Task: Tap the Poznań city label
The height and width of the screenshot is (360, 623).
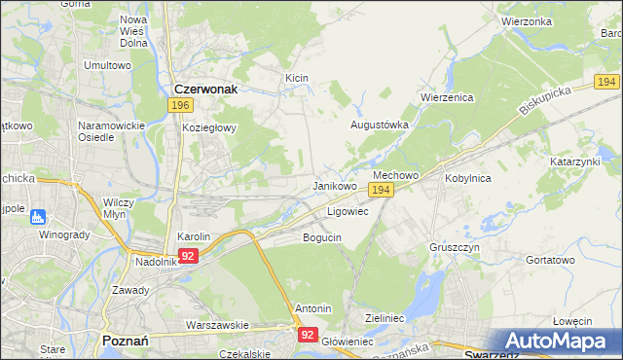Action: (x=125, y=341)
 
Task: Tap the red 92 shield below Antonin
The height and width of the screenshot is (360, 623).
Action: (x=308, y=334)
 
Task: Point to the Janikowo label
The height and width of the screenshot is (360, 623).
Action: (x=334, y=185)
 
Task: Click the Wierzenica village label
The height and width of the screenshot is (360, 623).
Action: (x=446, y=97)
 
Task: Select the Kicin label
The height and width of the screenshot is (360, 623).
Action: (x=297, y=76)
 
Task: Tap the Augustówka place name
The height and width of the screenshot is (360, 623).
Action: (x=379, y=126)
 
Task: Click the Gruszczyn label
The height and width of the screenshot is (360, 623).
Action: (x=454, y=247)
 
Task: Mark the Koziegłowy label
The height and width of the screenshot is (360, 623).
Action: (x=204, y=127)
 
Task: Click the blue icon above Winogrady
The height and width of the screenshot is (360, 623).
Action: (x=37, y=216)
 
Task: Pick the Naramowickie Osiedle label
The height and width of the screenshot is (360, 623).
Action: (x=109, y=131)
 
